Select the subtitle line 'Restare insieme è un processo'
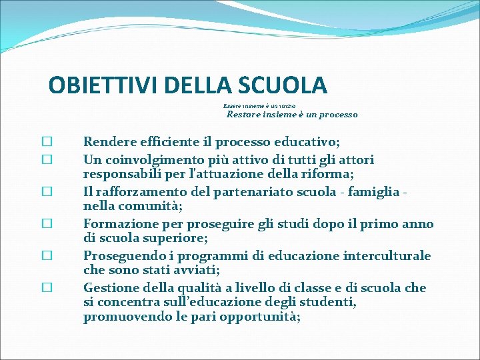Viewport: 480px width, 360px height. coord(292,115)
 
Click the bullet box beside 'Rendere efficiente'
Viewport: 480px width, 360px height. coord(47,142)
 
